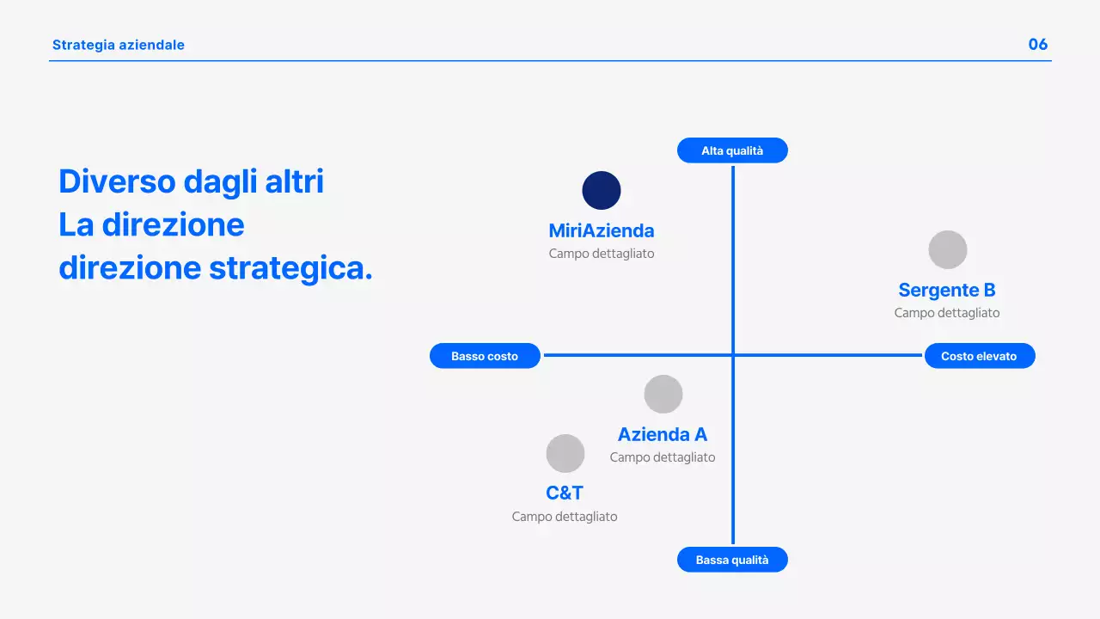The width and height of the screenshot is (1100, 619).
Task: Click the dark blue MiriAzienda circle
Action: [602, 190]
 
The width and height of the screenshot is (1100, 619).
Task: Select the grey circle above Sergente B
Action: [948, 249]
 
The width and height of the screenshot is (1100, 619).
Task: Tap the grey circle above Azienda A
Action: [663, 394]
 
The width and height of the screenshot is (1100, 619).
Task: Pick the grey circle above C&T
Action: [565, 453]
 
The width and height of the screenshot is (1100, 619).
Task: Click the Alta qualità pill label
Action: [732, 150]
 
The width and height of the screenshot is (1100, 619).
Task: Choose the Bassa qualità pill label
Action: [732, 560]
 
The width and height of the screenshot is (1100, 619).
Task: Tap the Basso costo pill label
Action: [485, 356]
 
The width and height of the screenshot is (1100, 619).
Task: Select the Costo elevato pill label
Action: [979, 356]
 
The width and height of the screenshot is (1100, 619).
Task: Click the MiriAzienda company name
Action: [602, 230]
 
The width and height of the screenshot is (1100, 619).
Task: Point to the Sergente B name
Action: [947, 290]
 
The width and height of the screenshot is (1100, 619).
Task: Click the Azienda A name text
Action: [663, 434]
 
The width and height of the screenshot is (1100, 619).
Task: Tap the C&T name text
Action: [565, 493]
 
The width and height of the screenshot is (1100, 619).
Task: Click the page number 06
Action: [1038, 45]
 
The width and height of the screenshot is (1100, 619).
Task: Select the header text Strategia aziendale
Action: [119, 45]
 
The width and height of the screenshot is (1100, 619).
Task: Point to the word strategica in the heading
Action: [291, 268]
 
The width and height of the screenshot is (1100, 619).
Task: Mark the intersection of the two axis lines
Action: [733, 355]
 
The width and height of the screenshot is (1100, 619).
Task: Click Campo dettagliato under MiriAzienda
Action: [602, 254]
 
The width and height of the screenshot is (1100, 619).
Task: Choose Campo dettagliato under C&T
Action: [565, 517]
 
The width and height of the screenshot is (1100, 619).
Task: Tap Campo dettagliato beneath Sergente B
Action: [947, 313]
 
